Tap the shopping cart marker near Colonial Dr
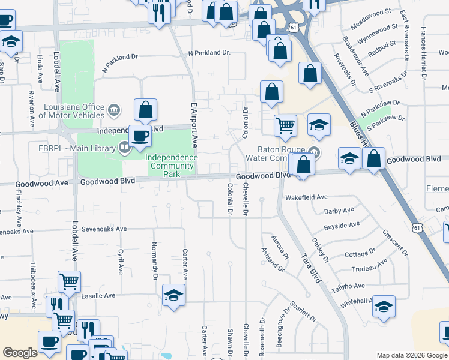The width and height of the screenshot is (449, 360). click(285, 125)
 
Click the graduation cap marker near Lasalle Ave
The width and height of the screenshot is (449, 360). click(174, 295)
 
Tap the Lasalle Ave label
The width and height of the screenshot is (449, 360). click(98, 296)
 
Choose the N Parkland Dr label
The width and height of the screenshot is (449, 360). click(209, 53)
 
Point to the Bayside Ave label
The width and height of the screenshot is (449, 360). click(342, 226)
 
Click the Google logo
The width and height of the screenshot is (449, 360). click(20, 353)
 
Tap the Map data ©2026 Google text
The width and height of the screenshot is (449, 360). click(412, 355)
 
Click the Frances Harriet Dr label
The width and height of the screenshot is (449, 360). click(424, 54)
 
